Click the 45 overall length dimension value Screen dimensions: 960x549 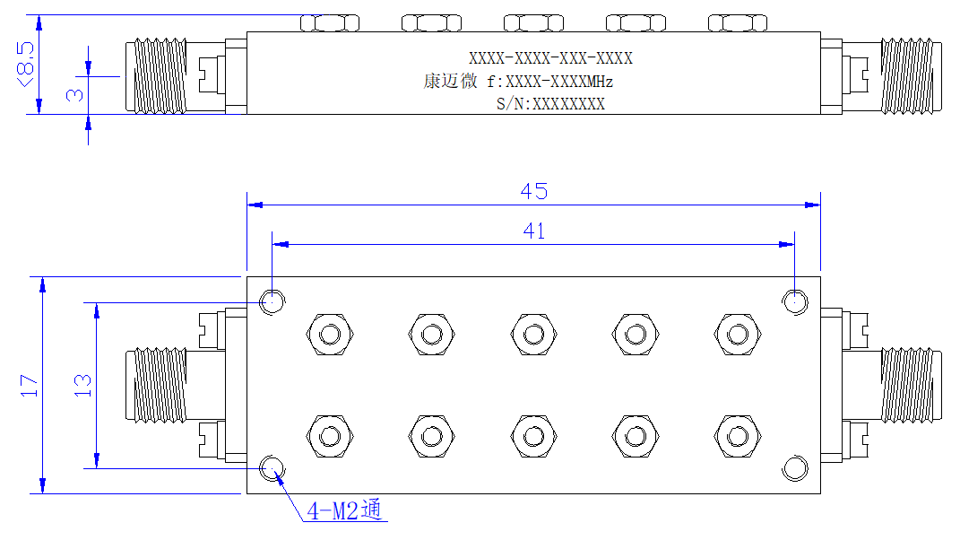(534, 191)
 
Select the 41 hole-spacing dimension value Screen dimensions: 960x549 (534, 231)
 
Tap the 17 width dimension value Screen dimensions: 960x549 (30, 386)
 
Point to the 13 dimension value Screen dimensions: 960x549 (82, 386)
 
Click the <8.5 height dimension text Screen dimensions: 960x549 (26, 65)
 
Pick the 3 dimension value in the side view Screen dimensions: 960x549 (74, 94)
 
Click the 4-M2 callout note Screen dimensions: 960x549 (344, 510)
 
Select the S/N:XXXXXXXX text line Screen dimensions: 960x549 (550, 104)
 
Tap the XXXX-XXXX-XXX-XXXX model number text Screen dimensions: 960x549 (550, 58)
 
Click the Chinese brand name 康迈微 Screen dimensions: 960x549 (450, 81)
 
